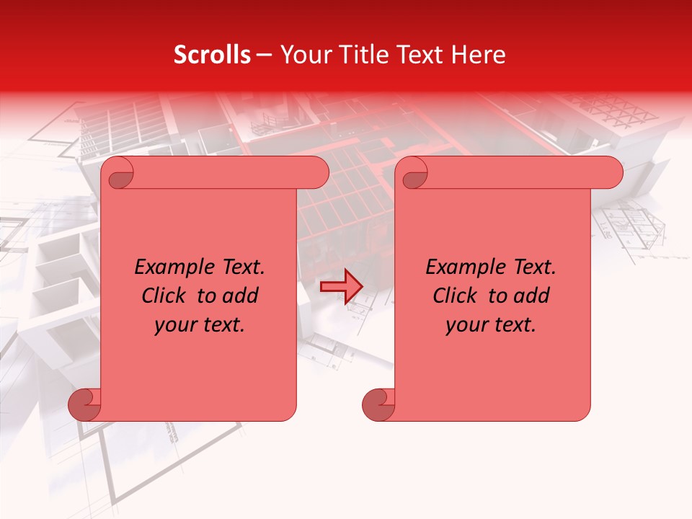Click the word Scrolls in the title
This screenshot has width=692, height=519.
213,55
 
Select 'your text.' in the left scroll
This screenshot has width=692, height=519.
200,325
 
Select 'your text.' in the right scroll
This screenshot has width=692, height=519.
491,325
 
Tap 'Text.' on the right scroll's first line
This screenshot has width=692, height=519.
532,267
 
